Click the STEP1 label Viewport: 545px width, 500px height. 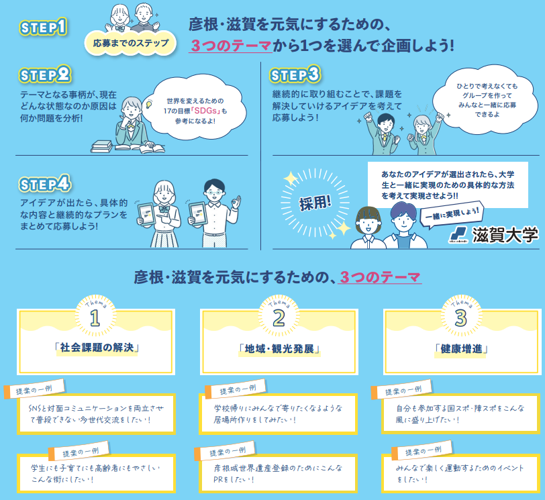tap(44, 28)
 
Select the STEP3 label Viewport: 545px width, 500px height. tap(295, 74)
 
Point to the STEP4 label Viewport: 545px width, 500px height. tap(46, 183)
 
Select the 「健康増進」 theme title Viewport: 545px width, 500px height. tap(460, 349)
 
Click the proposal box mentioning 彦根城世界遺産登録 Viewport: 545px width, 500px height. tap(278, 473)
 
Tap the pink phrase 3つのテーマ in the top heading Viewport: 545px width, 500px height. tap(230, 46)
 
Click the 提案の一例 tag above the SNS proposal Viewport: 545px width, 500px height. tap(34, 390)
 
